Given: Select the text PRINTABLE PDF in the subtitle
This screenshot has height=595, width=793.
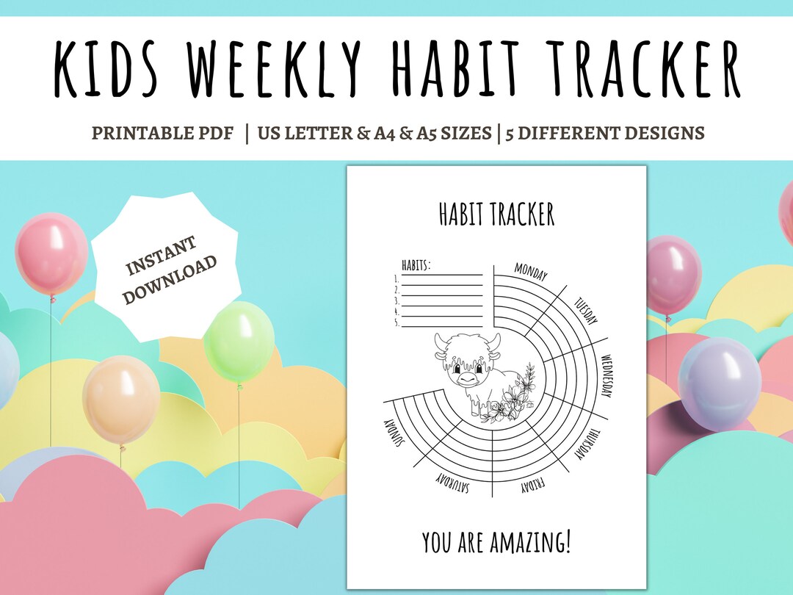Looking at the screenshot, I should [162, 133].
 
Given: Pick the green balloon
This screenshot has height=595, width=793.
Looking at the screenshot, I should [239, 342].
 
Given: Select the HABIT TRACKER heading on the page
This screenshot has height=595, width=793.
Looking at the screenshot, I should [496, 214].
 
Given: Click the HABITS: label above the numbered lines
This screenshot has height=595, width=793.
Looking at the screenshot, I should [415, 265].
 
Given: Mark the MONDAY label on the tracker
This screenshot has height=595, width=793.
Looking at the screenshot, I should [530, 273].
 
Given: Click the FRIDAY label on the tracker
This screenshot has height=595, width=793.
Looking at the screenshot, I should [531, 486].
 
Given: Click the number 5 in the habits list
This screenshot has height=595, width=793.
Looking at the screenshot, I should [396, 322].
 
